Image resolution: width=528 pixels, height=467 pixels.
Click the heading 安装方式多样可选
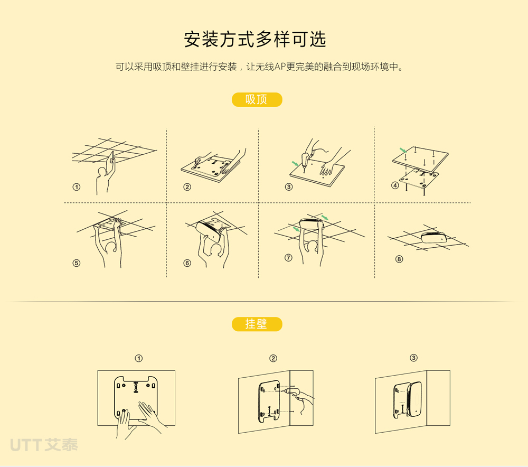(x=255, y=39)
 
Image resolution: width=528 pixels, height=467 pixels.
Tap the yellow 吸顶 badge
(x=257, y=100)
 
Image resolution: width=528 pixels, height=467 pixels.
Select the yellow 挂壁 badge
(x=257, y=324)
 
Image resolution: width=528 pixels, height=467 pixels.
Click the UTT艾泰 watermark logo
(x=44, y=445)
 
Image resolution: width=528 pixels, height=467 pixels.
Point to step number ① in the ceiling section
(x=77, y=187)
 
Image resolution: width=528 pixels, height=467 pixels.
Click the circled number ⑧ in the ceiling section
(x=399, y=259)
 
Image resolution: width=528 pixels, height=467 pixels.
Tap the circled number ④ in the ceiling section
(x=395, y=185)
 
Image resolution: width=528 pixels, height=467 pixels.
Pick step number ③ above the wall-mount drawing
(x=413, y=358)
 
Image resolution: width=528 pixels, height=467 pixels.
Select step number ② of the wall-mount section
(x=273, y=358)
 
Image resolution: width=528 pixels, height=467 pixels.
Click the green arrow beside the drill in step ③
(x=295, y=163)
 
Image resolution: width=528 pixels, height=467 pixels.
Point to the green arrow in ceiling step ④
(x=403, y=150)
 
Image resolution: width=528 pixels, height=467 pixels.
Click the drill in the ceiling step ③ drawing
(x=306, y=161)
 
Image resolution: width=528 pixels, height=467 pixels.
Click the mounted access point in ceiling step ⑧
(x=435, y=237)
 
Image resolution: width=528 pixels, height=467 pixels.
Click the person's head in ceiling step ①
(x=101, y=172)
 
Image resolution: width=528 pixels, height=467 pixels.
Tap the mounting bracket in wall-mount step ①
(x=136, y=398)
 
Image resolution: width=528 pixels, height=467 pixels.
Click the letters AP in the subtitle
(x=280, y=67)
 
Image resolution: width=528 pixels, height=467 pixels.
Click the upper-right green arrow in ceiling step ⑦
(x=325, y=217)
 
